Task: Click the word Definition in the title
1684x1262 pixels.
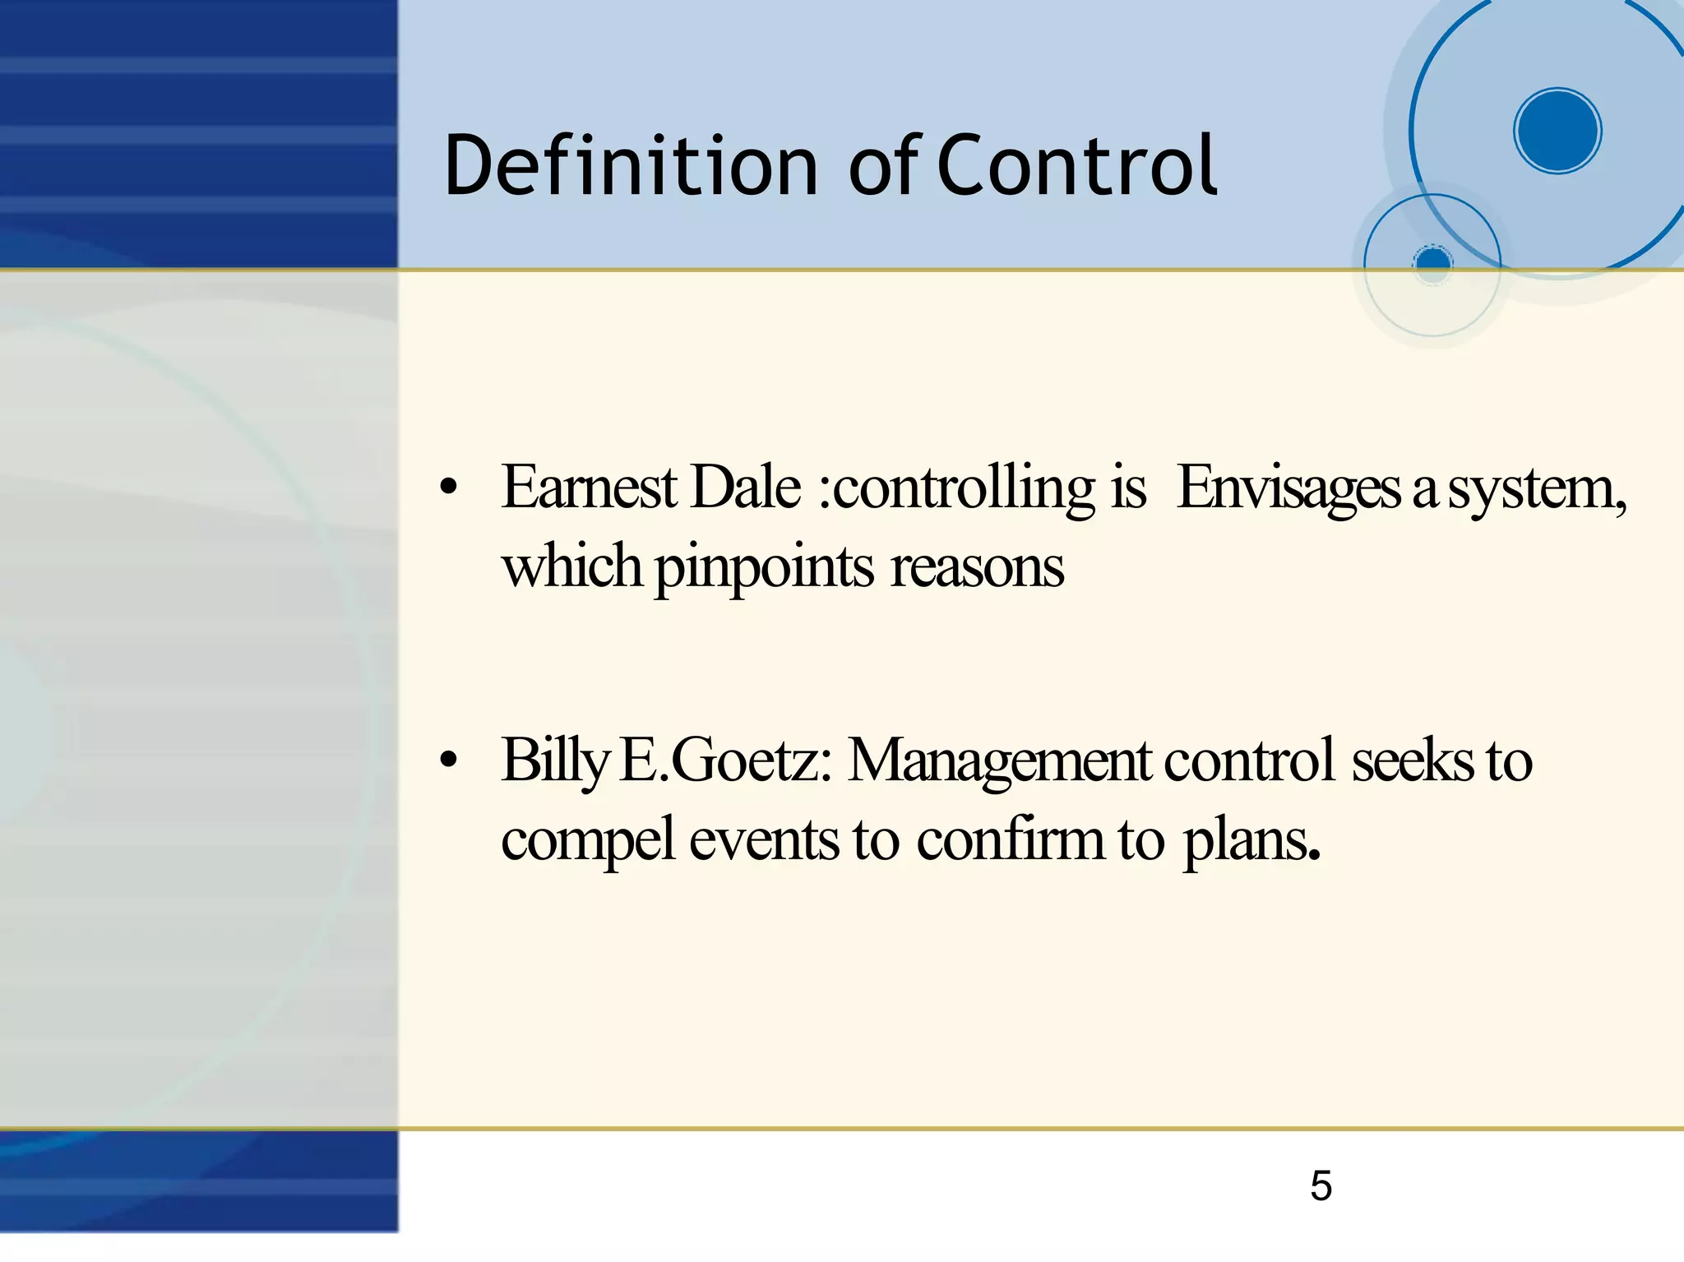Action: pyautogui.click(x=630, y=167)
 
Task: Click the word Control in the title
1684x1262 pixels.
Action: pyautogui.click(x=1076, y=167)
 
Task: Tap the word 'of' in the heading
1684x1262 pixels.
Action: pyautogui.click(x=883, y=167)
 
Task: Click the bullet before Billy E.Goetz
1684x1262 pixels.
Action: pyautogui.click(x=447, y=761)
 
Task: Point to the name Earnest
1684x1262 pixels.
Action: pyautogui.click(x=590, y=488)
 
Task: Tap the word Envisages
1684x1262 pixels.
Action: pyautogui.click(x=1288, y=488)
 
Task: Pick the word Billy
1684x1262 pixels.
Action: pyautogui.click(x=554, y=761)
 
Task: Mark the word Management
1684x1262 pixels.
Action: pyautogui.click(x=998, y=761)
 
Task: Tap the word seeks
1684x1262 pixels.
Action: pyautogui.click(x=1412, y=761)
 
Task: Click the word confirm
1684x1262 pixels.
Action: pyautogui.click(x=1011, y=840)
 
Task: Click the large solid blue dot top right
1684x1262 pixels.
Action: pyautogui.click(x=1557, y=131)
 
